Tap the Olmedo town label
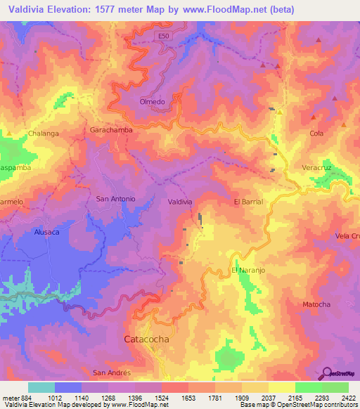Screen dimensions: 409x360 [152, 102]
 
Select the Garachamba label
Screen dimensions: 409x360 [111, 130]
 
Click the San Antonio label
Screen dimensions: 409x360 [115, 199]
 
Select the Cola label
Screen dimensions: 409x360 [316, 133]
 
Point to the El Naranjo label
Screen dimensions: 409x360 [246, 271]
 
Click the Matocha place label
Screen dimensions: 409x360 [316, 304]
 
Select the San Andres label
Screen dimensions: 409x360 [112, 372]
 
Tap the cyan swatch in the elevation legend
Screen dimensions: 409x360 [41, 387]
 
